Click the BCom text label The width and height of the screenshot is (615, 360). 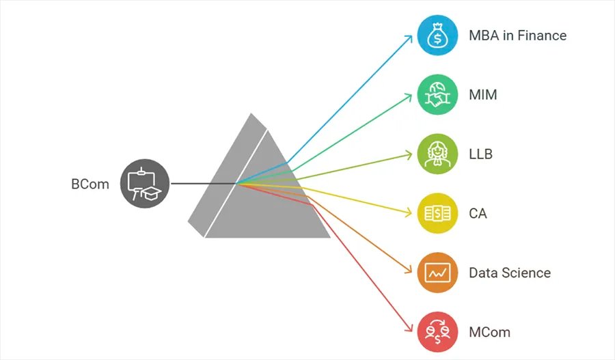pos(90,184)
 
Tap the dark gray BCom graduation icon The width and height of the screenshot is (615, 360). pos(144,183)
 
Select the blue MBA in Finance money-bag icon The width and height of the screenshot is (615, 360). pos(437,36)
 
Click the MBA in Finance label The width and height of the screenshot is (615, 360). pos(517,36)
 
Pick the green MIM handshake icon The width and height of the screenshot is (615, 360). pos(437,95)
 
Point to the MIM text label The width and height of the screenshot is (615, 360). pos(483,95)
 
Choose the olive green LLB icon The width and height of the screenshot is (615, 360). pos(437,154)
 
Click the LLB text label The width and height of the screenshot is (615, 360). pos(480,154)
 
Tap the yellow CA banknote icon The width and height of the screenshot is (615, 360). pos(437,213)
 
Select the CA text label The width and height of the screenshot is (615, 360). pos(478,213)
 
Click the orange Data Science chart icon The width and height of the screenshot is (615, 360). pos(437,273)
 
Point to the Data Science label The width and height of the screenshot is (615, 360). pos(509,273)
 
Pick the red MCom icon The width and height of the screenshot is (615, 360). pos(437,332)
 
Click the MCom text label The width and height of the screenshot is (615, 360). pos(489,332)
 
